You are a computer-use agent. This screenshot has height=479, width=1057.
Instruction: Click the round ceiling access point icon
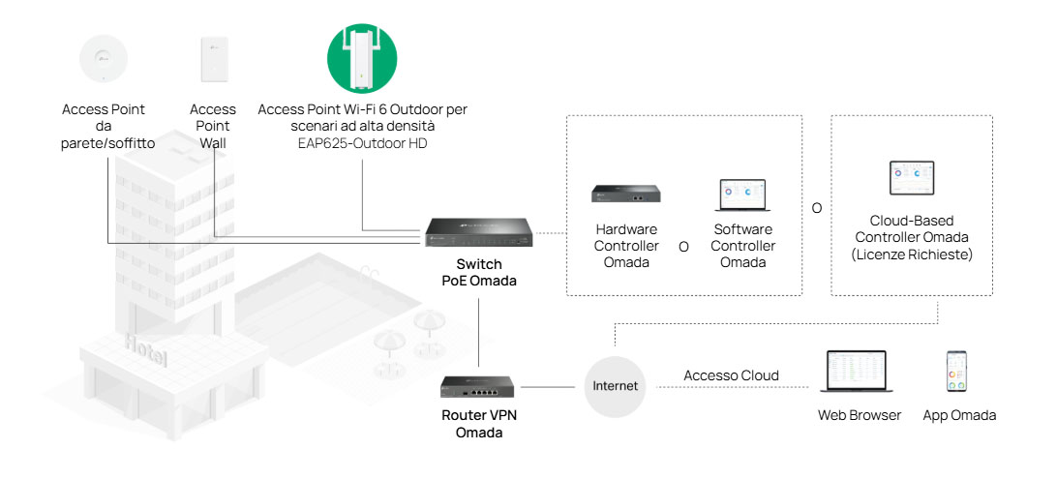tap(103, 57)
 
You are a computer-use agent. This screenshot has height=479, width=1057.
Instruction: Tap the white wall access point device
tap(212, 59)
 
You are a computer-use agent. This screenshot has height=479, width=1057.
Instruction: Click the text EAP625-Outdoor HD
tap(362, 144)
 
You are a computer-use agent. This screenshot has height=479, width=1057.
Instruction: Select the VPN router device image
tap(479, 388)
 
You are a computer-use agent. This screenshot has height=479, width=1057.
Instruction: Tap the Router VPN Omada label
tap(479, 424)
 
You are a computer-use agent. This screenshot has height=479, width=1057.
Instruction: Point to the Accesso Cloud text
tap(731, 375)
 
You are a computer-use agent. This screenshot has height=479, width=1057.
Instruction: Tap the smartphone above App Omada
tap(958, 372)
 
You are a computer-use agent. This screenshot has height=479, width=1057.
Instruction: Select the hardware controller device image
tap(626, 194)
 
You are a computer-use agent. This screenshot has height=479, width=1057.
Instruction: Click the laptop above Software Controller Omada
tap(743, 195)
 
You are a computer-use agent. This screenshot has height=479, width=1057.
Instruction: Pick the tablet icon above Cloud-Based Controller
tap(911, 179)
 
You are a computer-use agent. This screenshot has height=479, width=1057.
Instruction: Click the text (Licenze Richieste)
tap(911, 254)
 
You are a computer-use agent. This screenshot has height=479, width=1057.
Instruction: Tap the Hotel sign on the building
tap(145, 349)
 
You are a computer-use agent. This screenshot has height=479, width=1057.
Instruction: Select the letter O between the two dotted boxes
tap(817, 208)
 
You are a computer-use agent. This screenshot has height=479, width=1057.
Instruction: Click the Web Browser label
tap(860, 415)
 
